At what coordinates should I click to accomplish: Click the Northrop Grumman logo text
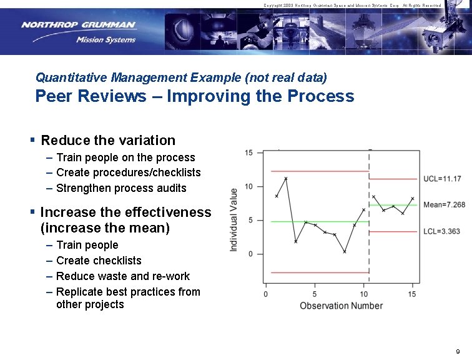click(78, 26)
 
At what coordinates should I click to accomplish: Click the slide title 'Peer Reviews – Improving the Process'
click(194, 96)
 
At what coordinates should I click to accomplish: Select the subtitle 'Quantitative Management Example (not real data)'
click(181, 77)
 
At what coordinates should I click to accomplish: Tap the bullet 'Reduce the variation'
click(107, 141)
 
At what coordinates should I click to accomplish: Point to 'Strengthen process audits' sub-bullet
click(121, 188)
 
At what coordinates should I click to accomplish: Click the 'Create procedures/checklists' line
click(128, 172)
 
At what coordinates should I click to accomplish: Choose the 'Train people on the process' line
click(125, 157)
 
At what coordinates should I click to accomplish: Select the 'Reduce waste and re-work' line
click(122, 276)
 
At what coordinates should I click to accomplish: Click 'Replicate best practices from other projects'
click(128, 298)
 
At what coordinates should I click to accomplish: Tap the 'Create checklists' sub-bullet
click(99, 261)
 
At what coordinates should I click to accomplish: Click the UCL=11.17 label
click(442, 179)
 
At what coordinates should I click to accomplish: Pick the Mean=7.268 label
click(444, 205)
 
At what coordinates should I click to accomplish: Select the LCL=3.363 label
click(441, 232)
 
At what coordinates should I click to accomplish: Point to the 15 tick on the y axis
click(248, 153)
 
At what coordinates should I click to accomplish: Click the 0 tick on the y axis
click(250, 254)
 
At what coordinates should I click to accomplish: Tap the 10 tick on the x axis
click(363, 294)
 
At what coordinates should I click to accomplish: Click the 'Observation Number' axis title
click(341, 306)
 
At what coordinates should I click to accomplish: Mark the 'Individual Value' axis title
click(234, 220)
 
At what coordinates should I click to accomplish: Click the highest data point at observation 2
click(286, 179)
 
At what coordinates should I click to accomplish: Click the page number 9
click(458, 351)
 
